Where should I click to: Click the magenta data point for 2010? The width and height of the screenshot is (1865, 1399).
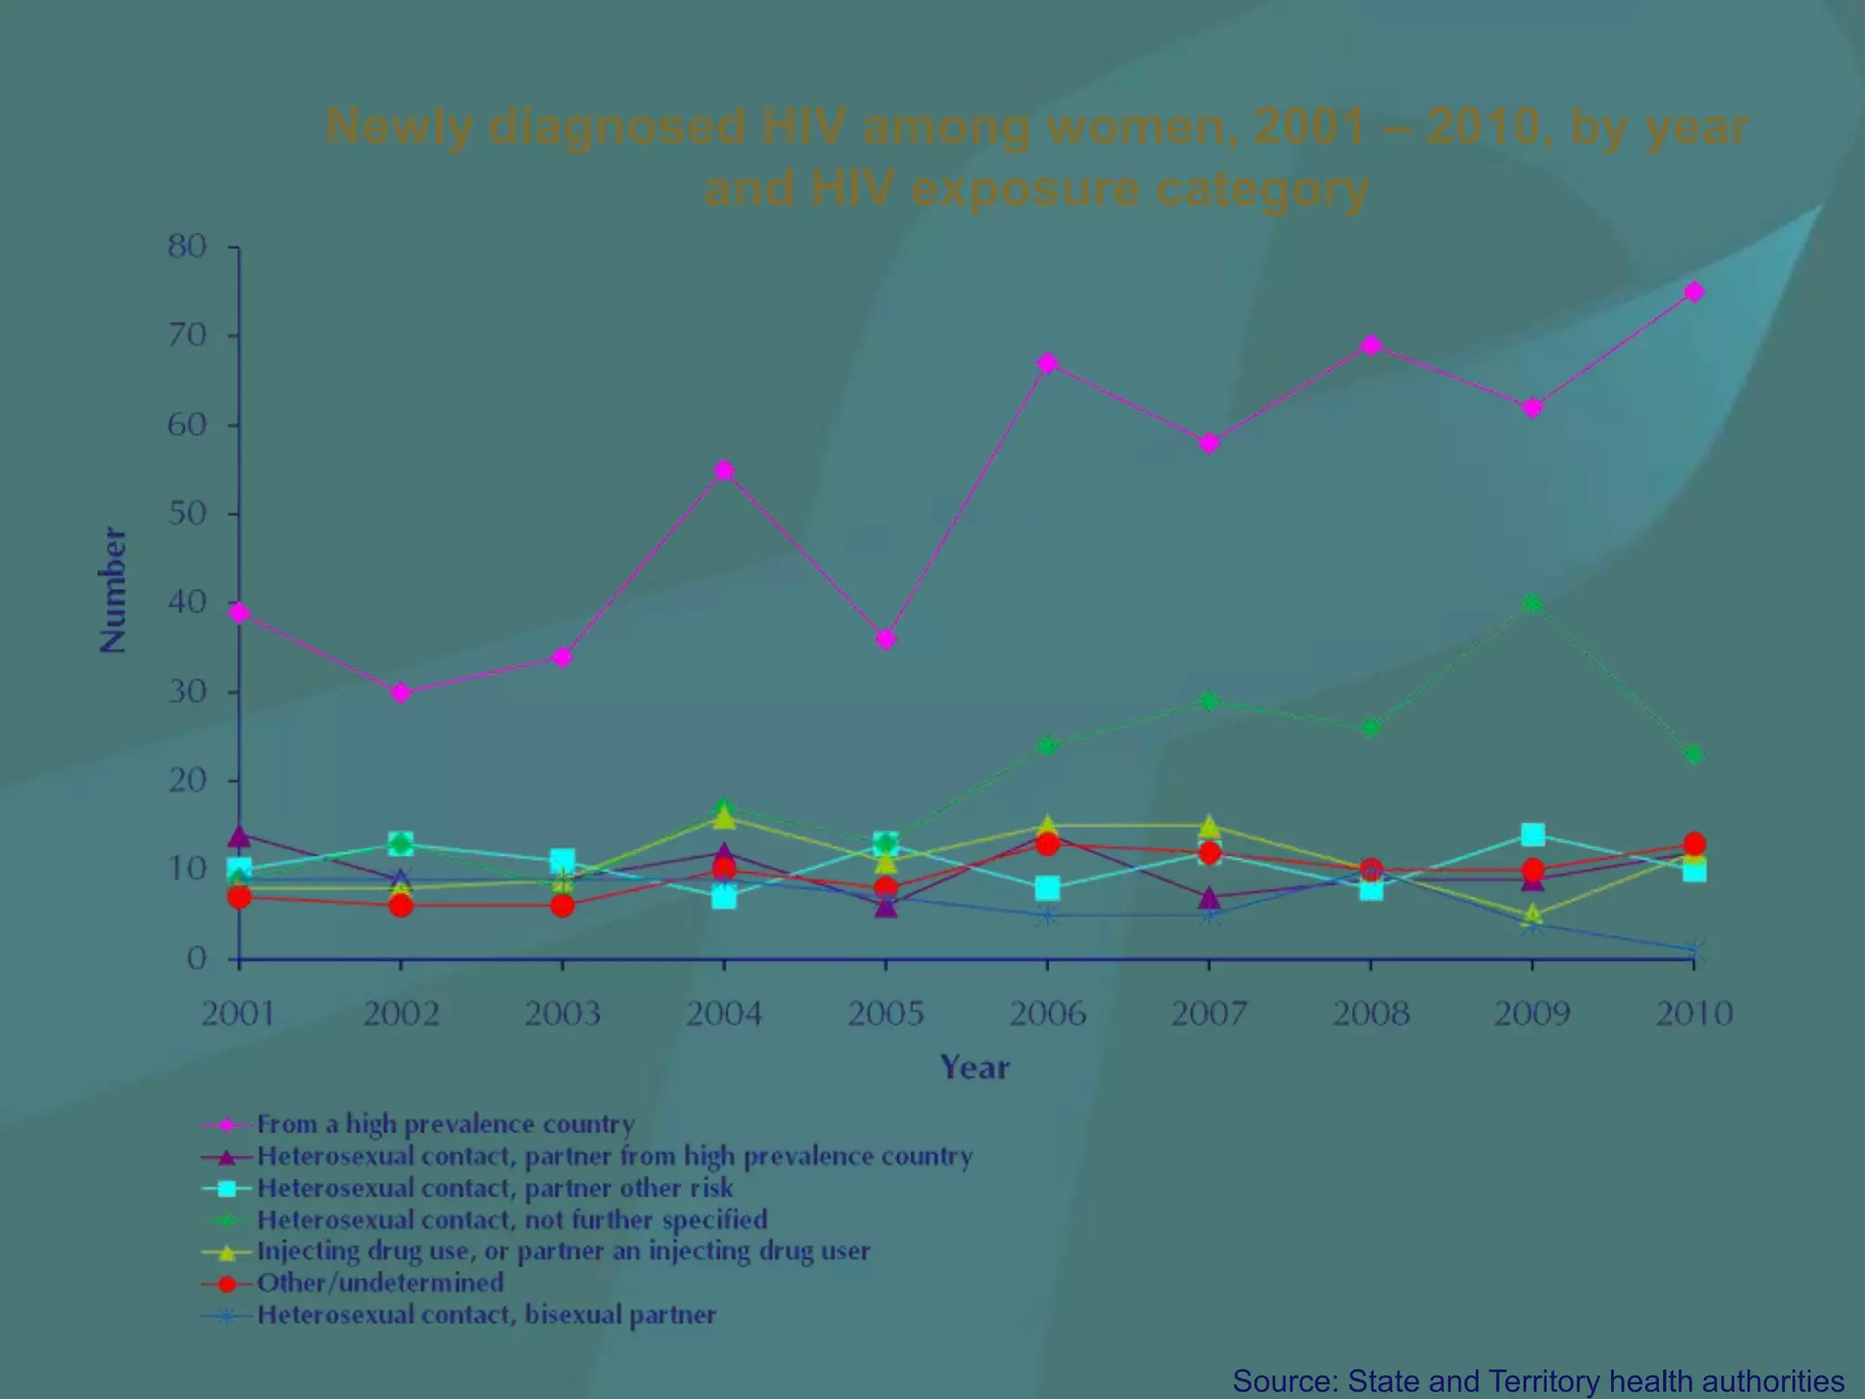pos(1694,292)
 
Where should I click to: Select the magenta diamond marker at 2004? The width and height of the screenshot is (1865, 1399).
pos(724,470)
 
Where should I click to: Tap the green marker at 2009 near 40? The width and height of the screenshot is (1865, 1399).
pos(1533,603)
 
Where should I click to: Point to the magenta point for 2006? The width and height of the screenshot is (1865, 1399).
pos(1047,363)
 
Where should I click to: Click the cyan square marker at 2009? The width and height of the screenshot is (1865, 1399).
pos(1533,834)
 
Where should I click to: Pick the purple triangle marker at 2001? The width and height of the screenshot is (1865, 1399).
pos(239,835)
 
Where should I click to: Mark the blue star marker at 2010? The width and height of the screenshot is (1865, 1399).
pos(1694,951)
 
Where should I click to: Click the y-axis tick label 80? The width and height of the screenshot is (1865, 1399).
pos(187,247)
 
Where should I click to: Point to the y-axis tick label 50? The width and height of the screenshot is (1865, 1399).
pos(187,514)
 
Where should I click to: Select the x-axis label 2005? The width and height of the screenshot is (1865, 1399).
pos(885,1014)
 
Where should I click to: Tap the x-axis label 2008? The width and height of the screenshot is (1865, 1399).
pos(1371,1014)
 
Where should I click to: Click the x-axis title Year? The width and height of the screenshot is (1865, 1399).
pos(974,1067)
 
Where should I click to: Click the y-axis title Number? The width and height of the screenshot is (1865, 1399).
pos(113,590)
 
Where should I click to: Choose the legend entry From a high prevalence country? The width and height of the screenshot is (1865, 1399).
pos(445,1124)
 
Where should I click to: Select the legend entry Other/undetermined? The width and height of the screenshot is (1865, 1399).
pos(380,1282)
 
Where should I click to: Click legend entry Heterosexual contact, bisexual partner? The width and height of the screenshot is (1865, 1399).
pos(486,1314)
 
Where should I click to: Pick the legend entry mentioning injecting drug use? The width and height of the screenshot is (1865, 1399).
pos(563,1251)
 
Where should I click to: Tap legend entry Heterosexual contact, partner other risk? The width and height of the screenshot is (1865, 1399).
pos(494,1188)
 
